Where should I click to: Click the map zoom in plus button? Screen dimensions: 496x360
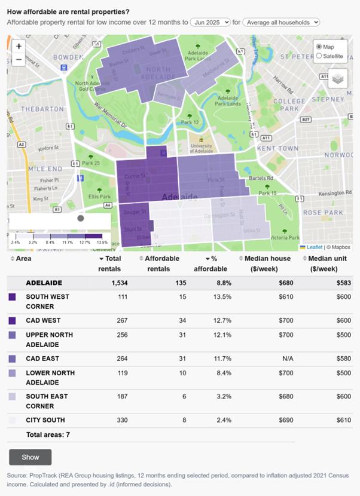click(x=19, y=46)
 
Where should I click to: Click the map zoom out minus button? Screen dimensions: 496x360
click(x=19, y=59)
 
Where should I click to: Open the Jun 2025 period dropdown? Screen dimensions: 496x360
click(x=210, y=22)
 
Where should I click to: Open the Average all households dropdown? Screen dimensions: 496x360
click(x=281, y=22)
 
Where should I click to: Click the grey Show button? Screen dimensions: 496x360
click(x=30, y=457)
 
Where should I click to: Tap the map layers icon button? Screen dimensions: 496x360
click(x=337, y=78)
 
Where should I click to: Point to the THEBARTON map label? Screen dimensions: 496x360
click(x=42, y=109)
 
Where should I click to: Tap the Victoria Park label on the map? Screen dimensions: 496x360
click(x=285, y=237)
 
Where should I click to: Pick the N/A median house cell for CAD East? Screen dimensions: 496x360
click(x=285, y=359)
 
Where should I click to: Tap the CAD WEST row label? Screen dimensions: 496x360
click(x=44, y=321)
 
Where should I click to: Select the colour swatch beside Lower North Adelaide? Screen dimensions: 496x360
click(x=13, y=373)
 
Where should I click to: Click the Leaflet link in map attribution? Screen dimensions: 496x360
click(x=314, y=247)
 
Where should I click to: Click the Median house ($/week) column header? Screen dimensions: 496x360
click(x=268, y=264)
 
